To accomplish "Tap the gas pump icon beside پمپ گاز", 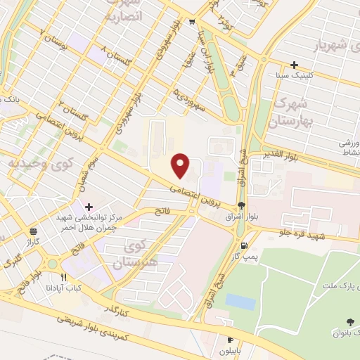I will [x=244, y=245].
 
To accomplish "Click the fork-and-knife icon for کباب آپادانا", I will [x=64, y=277].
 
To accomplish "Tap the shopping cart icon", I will [x=193, y=22].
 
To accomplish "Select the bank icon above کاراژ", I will [x=33, y=232].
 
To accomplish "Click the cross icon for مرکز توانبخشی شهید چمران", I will [x=89, y=207].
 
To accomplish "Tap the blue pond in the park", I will [x=240, y=302].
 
